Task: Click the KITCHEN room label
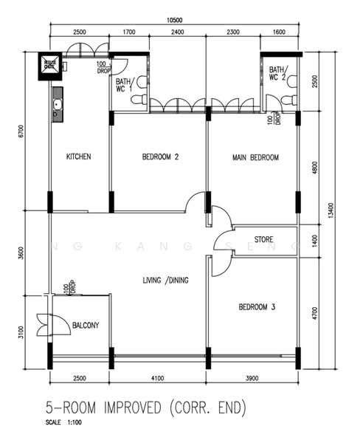click(78, 157)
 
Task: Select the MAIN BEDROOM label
click(255, 157)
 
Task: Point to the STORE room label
click(264, 240)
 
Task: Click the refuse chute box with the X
click(50, 65)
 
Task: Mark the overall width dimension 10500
click(174, 20)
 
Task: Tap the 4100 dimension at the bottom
click(159, 379)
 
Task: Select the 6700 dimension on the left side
click(22, 131)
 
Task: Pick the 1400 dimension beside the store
click(316, 240)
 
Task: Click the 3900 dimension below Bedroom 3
click(254, 379)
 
